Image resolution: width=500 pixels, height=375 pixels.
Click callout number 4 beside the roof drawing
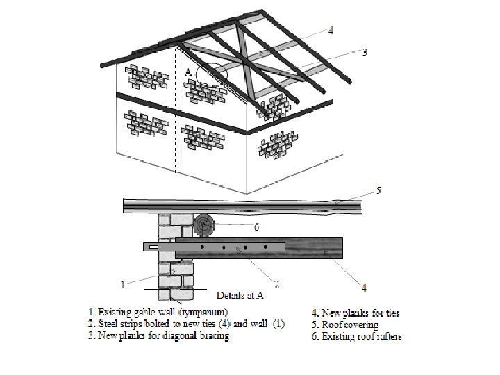(331, 30)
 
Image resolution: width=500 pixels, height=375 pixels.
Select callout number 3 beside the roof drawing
(365, 51)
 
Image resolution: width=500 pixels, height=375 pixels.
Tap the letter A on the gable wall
(188, 72)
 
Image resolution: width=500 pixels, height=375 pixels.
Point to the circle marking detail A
(211, 75)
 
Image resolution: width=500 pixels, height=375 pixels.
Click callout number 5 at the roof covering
(378, 189)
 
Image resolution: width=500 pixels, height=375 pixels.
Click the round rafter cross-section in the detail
(205, 226)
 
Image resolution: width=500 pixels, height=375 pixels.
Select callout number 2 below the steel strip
(276, 283)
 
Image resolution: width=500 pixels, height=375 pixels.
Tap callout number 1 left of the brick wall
(122, 283)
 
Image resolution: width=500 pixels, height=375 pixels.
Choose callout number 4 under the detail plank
(364, 287)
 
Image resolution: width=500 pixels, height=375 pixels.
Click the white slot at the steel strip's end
(153, 247)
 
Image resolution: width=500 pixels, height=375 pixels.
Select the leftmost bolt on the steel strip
(201, 247)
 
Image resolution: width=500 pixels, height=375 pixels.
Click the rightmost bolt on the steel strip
(267, 247)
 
